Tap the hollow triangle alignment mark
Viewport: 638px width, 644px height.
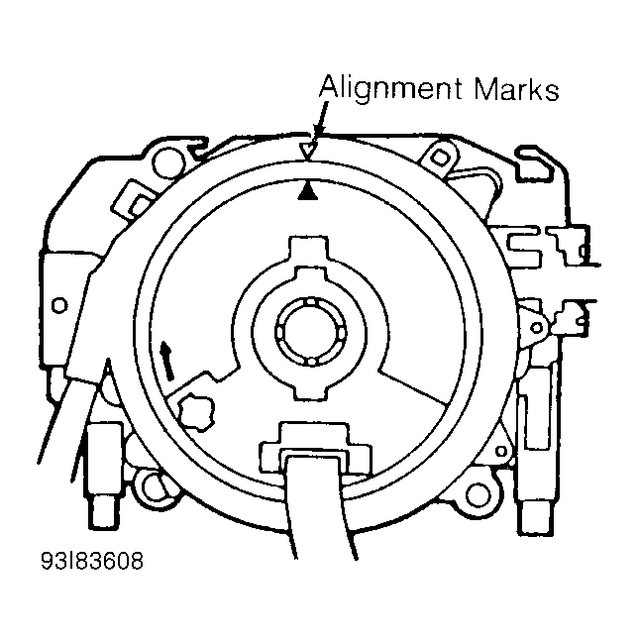[309, 150]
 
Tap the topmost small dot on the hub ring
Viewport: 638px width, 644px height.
[310, 301]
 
